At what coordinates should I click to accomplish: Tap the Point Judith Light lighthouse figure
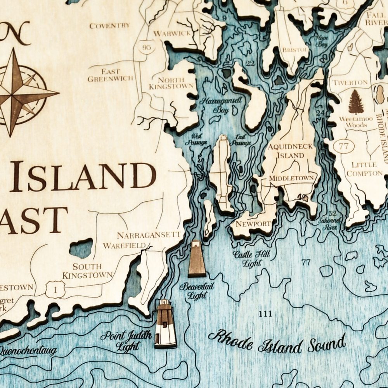tap(165, 324)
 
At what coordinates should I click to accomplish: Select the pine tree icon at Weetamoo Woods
tap(356, 102)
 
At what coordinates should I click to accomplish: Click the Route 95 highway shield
tap(146, 47)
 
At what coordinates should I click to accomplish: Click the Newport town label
tap(253, 224)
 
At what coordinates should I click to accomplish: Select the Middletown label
tap(291, 178)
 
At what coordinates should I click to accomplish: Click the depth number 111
tap(265, 314)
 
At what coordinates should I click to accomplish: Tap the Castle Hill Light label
tap(251, 259)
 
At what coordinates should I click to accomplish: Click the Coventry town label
tap(109, 26)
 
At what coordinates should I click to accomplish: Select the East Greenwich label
tap(110, 75)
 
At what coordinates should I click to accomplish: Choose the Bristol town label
tap(295, 50)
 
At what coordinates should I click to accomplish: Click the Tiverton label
tap(350, 82)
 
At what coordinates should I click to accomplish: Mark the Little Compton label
tap(364, 169)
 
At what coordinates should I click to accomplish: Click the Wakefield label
tap(124, 246)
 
